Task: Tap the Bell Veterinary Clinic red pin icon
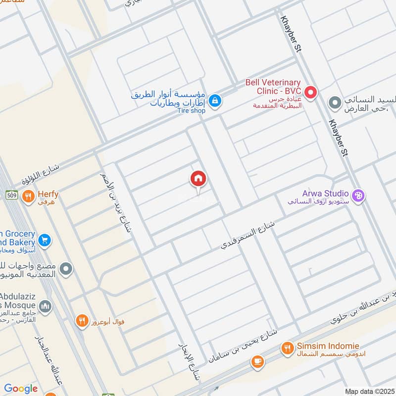pos(310,92)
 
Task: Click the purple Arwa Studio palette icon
pos(359,196)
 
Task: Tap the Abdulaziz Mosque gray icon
pos(45,307)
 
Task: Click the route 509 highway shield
pos(12,195)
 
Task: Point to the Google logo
pos(21,389)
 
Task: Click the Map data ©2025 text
pos(369,391)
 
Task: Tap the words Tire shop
pos(191,111)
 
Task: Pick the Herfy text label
pos(48,195)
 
